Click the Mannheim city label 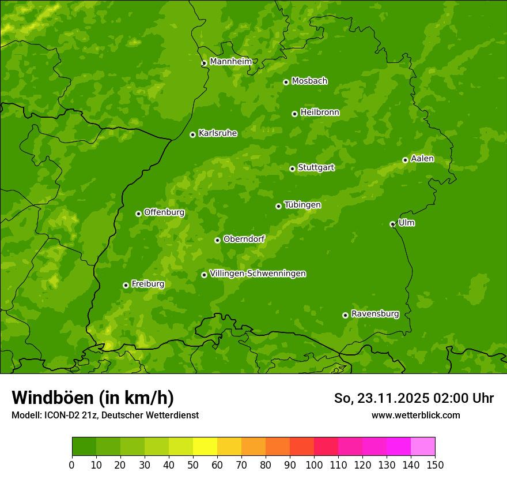coord(231,62)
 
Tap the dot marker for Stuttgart coord(292,169)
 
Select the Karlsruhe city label coord(218,133)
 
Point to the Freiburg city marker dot coord(126,285)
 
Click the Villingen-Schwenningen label coord(258,274)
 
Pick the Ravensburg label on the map coord(375,314)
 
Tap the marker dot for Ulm coord(392,224)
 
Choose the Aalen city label coord(422,159)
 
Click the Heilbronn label coord(320,113)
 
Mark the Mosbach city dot coord(286,82)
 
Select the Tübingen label coord(302,205)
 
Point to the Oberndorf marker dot coord(217,240)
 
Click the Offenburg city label coord(164,212)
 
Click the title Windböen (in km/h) coord(93,398)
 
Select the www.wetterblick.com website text coord(415,415)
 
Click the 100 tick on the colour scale coord(314,465)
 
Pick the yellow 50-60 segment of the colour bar coord(205,447)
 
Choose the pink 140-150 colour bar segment coord(423,447)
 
